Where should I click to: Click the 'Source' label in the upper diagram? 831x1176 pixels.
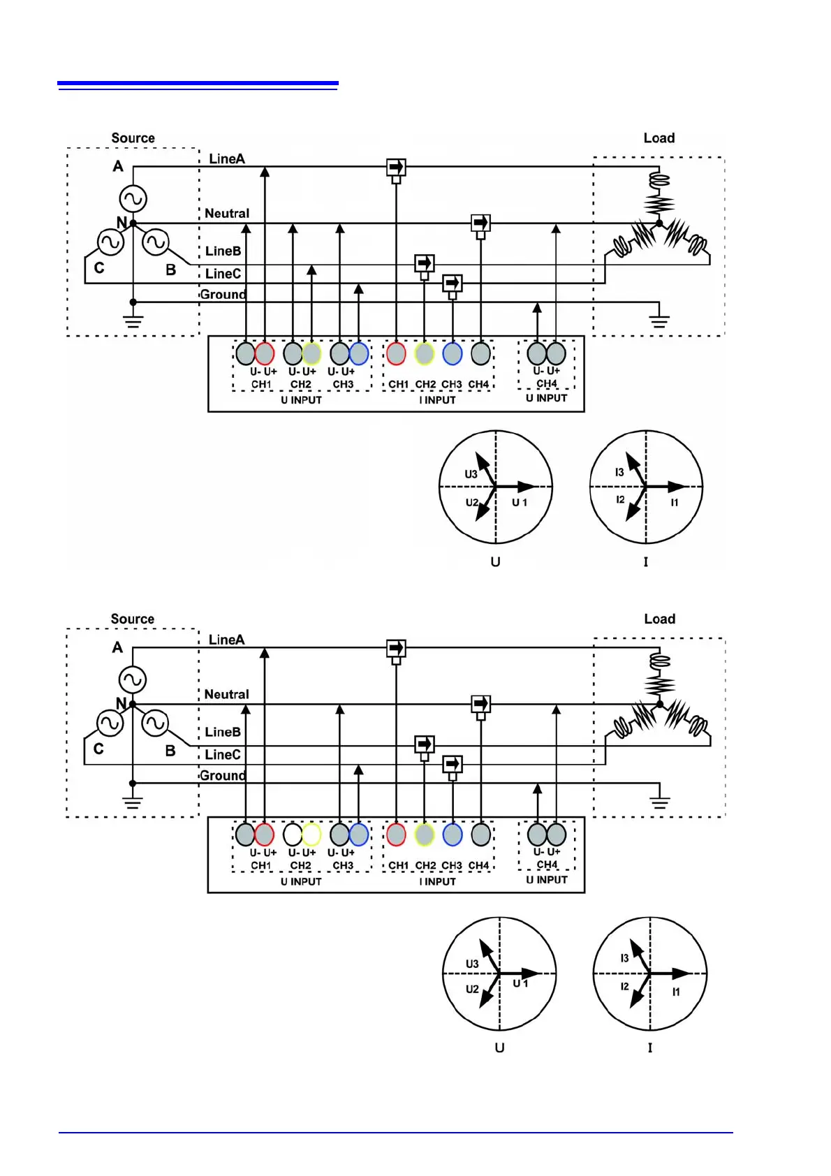point(133,138)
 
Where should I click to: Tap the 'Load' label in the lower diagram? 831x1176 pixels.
point(659,619)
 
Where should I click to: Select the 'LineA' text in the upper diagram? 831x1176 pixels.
point(227,159)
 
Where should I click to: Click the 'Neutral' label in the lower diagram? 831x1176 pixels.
point(226,694)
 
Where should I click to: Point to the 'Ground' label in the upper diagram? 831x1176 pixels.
point(223,294)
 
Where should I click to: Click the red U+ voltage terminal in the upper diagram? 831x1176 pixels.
point(265,353)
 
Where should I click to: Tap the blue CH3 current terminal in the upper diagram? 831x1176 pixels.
point(453,353)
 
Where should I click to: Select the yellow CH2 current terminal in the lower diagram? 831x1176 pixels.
point(425,835)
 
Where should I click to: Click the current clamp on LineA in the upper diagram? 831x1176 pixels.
point(396,168)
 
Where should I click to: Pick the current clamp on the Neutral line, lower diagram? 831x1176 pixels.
point(480,704)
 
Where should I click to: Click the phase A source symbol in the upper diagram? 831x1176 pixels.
point(133,198)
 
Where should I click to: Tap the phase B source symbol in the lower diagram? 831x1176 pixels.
point(155,723)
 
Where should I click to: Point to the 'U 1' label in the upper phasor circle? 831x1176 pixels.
point(520,502)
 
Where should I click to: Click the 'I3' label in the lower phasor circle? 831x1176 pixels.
point(624,958)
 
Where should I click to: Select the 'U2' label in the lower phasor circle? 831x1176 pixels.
point(472,990)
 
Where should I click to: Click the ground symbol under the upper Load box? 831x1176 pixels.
point(659,321)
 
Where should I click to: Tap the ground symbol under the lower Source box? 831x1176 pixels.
point(133,802)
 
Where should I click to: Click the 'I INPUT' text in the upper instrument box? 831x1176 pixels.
point(437,400)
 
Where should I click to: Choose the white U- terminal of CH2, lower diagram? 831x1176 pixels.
point(293,835)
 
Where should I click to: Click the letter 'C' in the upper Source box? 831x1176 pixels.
point(99,268)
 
